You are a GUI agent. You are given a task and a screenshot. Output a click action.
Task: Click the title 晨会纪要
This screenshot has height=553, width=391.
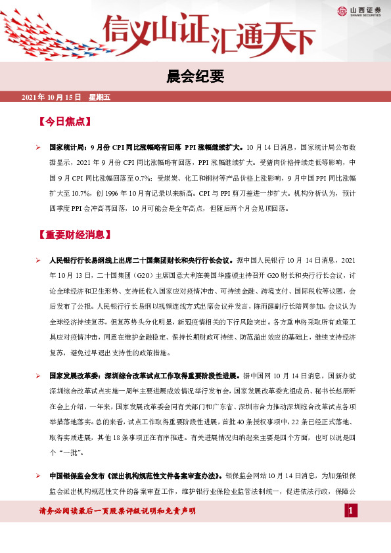point(195,77)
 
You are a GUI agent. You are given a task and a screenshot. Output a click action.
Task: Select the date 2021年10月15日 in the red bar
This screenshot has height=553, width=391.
point(51,97)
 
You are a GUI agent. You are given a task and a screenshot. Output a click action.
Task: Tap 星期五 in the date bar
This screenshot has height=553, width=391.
point(99,97)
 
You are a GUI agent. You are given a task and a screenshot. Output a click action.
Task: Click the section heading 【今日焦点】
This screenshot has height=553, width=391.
point(64,122)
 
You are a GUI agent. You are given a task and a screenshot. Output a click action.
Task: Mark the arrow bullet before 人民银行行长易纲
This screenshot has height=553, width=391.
point(39,261)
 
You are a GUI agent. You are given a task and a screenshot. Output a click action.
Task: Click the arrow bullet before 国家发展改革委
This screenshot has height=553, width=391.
point(39,376)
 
